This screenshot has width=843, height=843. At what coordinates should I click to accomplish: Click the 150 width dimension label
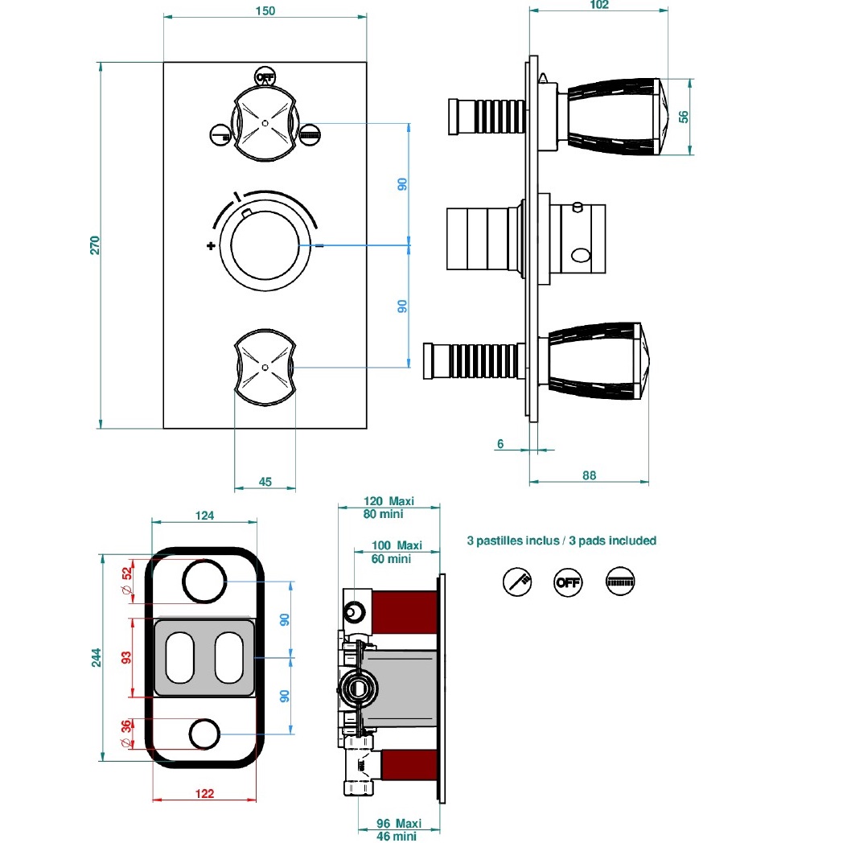pyautogui.click(x=265, y=11)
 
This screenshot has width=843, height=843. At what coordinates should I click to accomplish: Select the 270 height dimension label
pyautogui.click(x=94, y=245)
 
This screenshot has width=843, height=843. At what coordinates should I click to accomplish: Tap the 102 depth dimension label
pyautogui.click(x=598, y=5)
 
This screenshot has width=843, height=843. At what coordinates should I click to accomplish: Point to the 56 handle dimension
pyautogui.click(x=684, y=116)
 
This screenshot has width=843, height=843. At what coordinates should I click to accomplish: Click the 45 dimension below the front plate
pyautogui.click(x=265, y=482)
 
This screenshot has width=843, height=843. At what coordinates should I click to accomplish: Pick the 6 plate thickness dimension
pyautogui.click(x=500, y=444)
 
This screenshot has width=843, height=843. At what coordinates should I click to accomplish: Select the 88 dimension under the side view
pyautogui.click(x=589, y=475)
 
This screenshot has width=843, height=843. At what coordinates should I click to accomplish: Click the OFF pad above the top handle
pyautogui.click(x=264, y=77)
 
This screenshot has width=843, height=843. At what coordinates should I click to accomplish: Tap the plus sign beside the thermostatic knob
pyautogui.click(x=211, y=246)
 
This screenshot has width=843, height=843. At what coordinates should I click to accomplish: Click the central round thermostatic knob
pyautogui.click(x=265, y=246)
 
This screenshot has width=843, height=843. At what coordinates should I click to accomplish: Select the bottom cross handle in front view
pyautogui.click(x=265, y=366)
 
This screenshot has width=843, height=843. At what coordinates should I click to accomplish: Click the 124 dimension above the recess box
pyautogui.click(x=205, y=516)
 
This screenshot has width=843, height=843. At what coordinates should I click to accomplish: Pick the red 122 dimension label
pyautogui.click(x=205, y=794)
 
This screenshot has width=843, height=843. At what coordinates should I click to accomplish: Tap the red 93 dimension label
pyautogui.click(x=125, y=658)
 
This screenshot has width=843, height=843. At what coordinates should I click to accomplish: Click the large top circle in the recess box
pyautogui.click(x=204, y=581)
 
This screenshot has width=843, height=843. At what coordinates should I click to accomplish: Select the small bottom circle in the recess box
pyautogui.click(x=204, y=733)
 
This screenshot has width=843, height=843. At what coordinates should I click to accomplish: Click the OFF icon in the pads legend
pyautogui.click(x=568, y=581)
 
